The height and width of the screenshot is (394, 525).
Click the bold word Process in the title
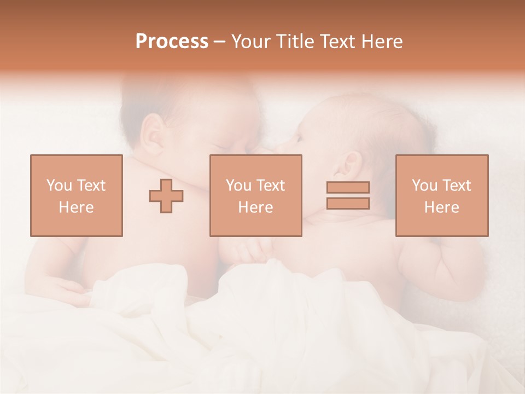point(172,42)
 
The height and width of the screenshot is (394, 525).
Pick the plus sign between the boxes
point(166,195)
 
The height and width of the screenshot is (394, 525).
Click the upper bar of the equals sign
point(348,187)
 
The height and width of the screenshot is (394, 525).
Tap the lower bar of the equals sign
point(348,203)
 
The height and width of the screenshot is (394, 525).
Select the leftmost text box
point(77,195)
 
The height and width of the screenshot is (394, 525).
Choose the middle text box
point(256,195)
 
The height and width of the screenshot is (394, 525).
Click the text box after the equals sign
point(442,195)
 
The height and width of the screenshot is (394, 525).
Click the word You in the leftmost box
point(59,185)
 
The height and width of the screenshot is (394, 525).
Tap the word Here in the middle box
point(256,207)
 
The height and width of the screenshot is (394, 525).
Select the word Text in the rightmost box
point(457,185)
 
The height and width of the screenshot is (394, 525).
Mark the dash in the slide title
point(220,42)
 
